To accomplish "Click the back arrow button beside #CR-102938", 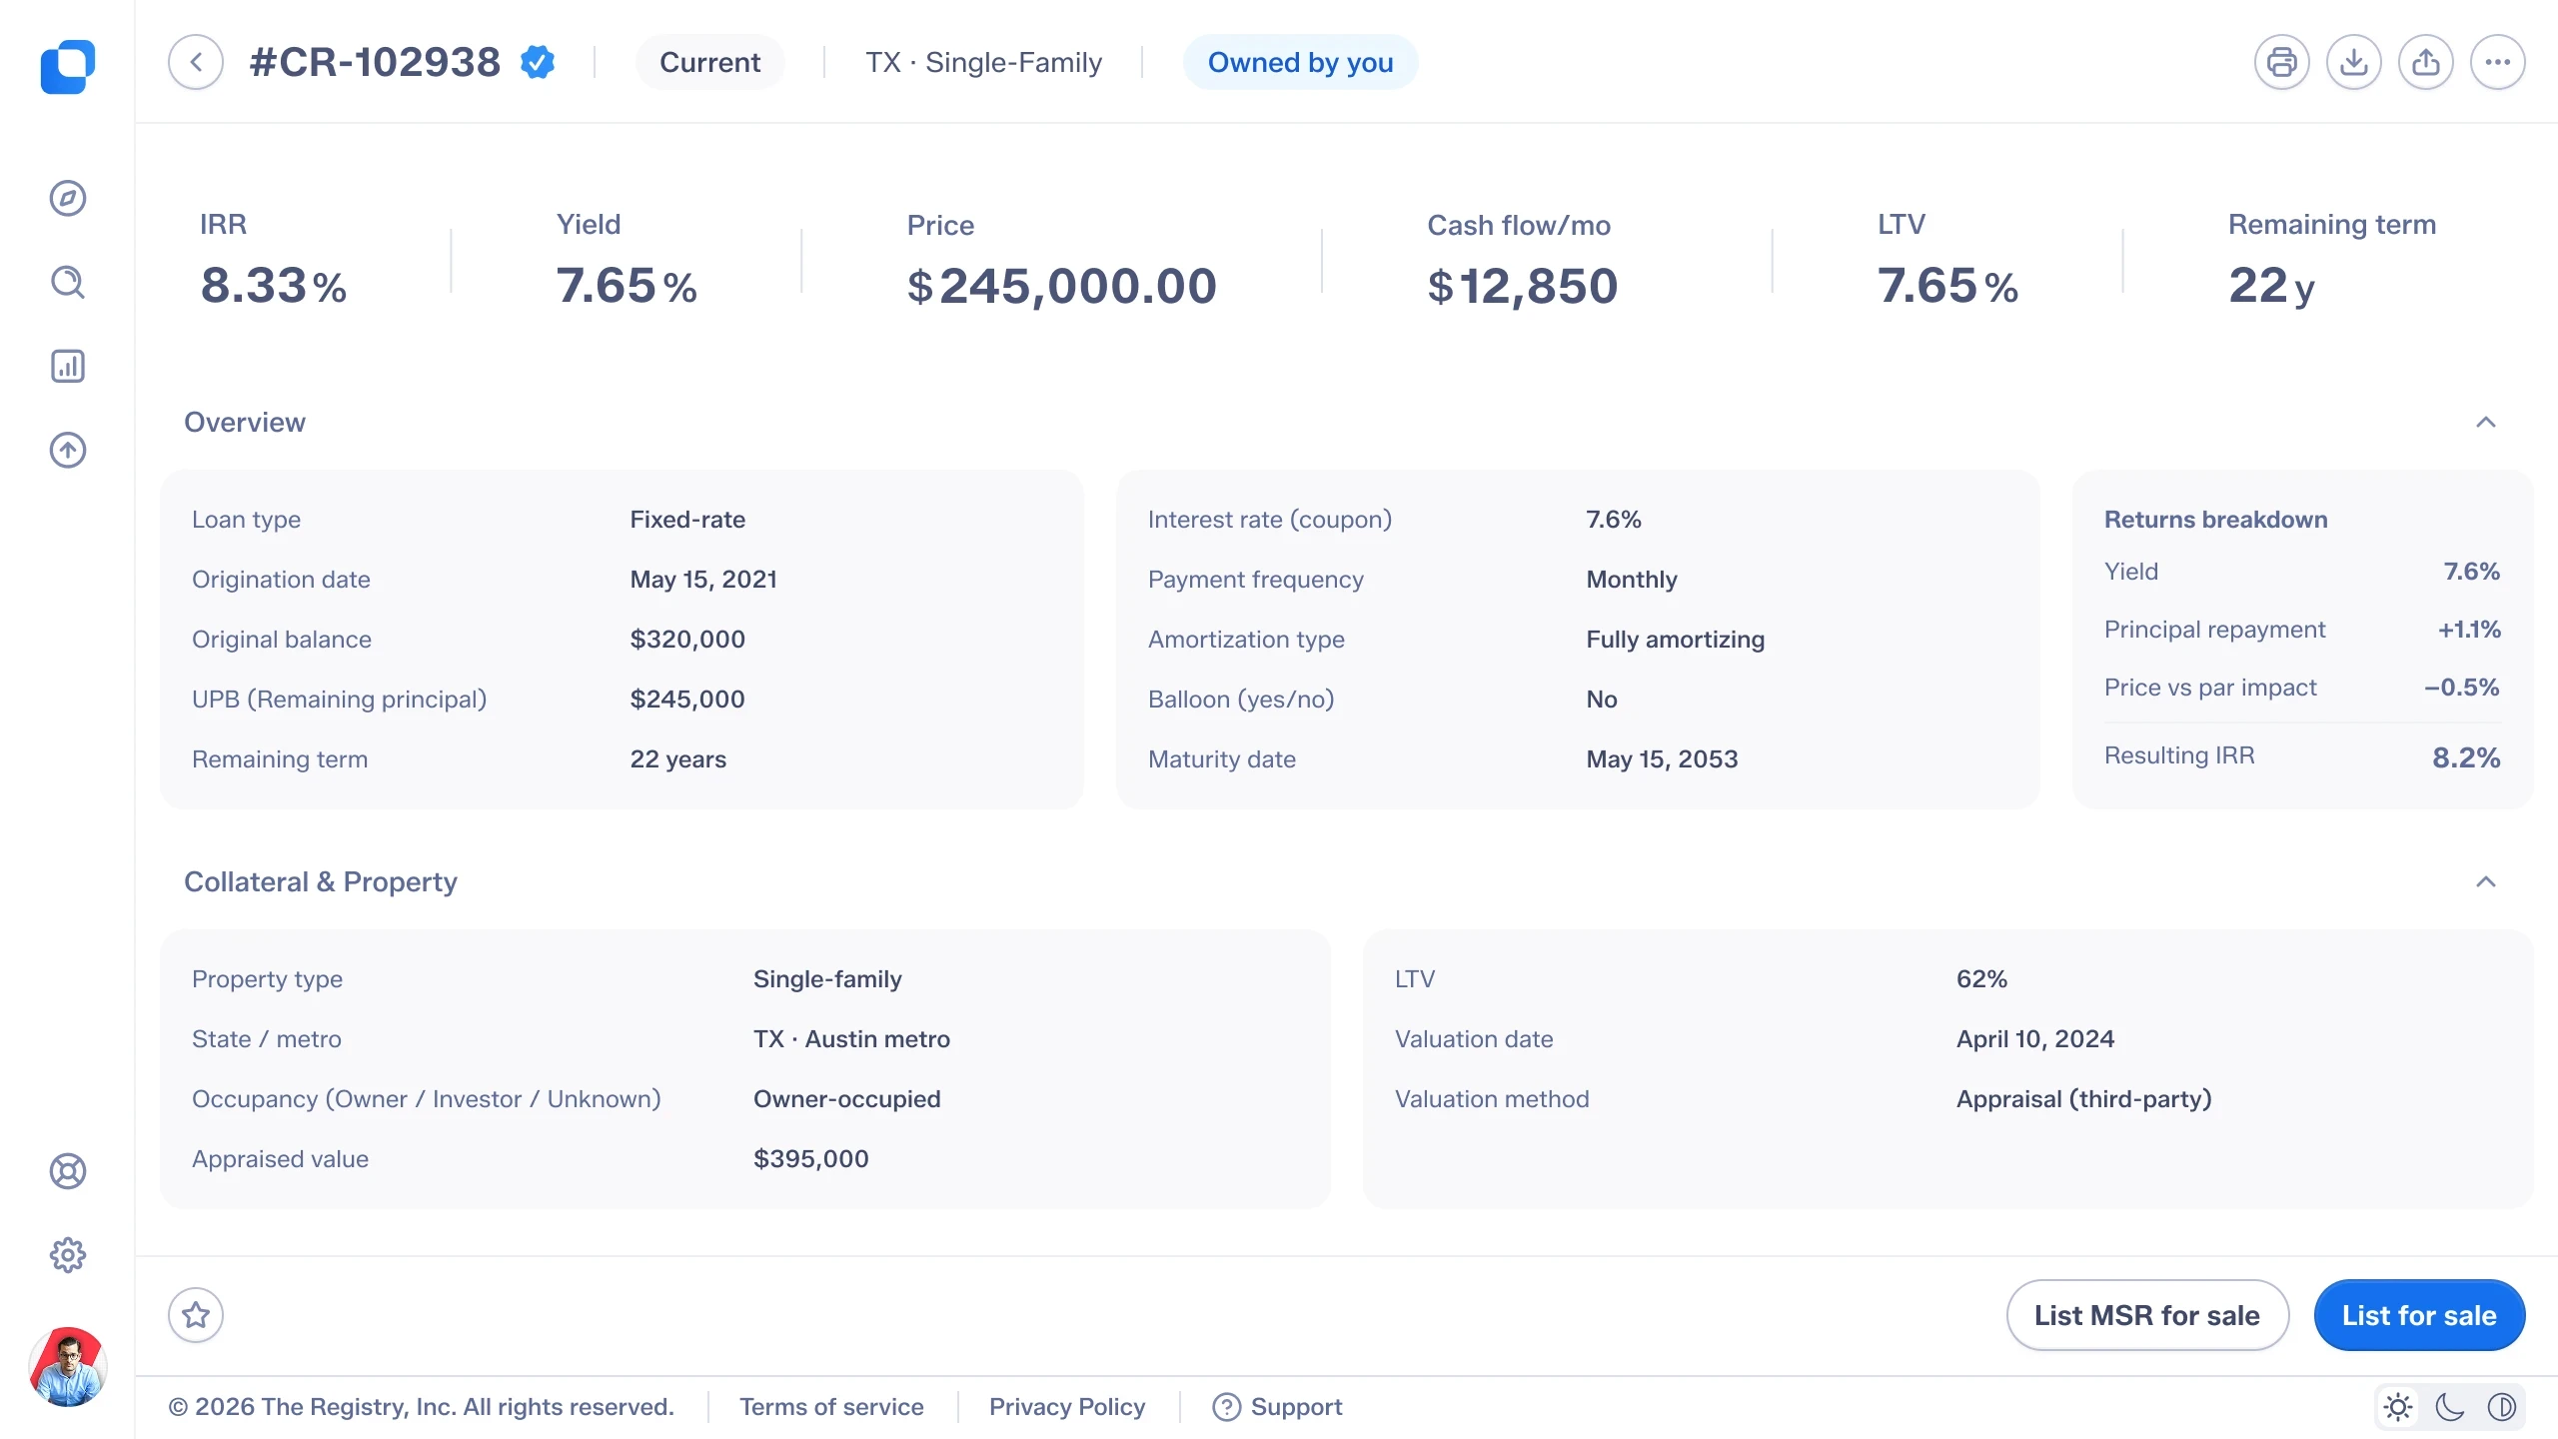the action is (x=196, y=62).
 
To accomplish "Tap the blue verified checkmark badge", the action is (x=538, y=62).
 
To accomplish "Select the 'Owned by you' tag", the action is (x=1300, y=62).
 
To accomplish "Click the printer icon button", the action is (x=2282, y=62).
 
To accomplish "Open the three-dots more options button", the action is (x=2498, y=62).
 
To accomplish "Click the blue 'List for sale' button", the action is (x=2419, y=1315).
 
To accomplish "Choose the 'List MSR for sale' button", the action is (x=2147, y=1315).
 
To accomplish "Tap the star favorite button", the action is (x=196, y=1315).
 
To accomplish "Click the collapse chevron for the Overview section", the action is (x=2486, y=422).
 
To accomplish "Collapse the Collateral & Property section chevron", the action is (x=2486, y=881).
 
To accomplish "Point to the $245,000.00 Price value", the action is (x=1061, y=286).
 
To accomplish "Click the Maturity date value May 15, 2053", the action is (x=1662, y=759).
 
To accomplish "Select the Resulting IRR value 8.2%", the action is (x=2466, y=757).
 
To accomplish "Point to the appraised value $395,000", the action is (x=810, y=1159).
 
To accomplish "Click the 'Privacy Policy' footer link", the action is (x=1067, y=1407).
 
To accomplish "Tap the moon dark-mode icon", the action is (x=2450, y=1407).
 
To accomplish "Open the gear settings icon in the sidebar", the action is (x=68, y=1255).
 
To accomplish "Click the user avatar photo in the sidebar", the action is (x=68, y=1367).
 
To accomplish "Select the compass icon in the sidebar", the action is (x=68, y=198).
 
